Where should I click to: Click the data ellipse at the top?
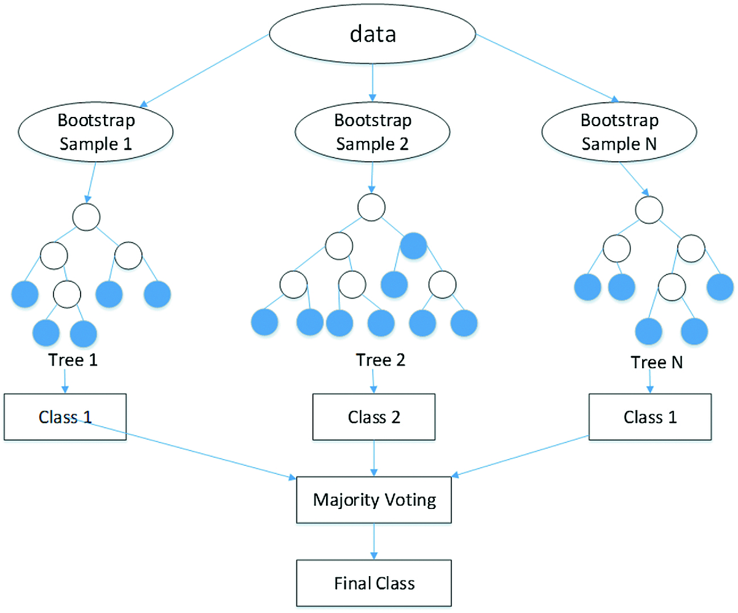pos(373,34)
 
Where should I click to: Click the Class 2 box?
pos(374,417)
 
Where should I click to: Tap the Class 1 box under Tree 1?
pos(65,417)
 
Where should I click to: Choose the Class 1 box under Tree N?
pos(650,417)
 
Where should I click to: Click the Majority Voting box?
pos(374,499)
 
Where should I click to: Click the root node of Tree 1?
pos(85,217)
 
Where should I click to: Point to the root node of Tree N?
pos(649,209)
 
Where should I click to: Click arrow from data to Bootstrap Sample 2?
pos(373,83)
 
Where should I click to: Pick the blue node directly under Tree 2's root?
pos(413,247)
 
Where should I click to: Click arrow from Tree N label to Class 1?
pos(650,382)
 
